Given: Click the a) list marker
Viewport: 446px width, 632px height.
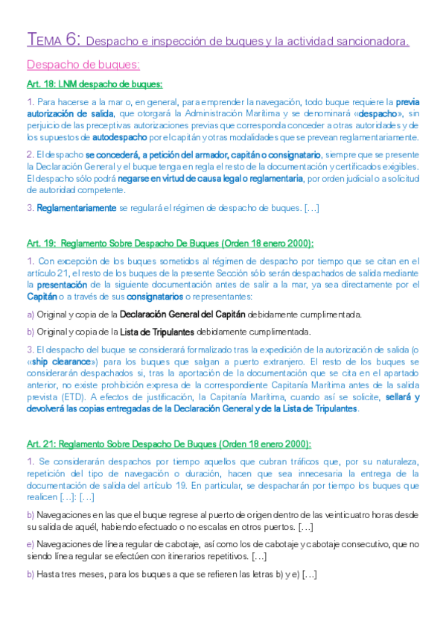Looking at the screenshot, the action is point(30,315).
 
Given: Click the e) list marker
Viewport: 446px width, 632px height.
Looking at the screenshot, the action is point(30,545).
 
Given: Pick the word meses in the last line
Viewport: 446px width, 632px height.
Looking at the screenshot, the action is point(87,575).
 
